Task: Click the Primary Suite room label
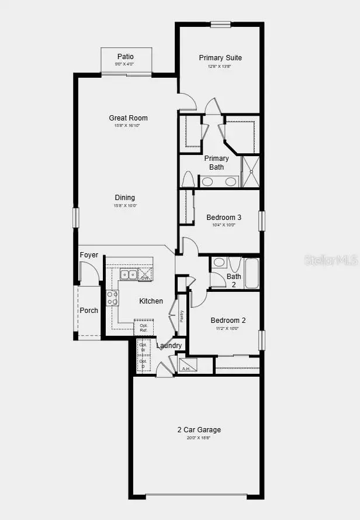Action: (220, 58)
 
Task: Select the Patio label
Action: (125, 57)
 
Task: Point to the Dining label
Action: (124, 198)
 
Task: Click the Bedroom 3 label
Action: (224, 218)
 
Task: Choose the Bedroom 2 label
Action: (228, 321)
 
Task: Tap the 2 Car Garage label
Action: (199, 430)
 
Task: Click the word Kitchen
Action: (151, 301)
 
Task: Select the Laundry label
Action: (169, 346)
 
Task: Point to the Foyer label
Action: (89, 255)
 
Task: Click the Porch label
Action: (89, 311)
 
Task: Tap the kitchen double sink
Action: (129, 274)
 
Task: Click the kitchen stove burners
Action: (112, 298)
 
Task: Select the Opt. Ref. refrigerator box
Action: (144, 327)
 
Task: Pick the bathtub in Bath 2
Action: (251, 274)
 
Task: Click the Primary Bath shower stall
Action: (251, 171)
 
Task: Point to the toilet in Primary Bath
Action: (188, 179)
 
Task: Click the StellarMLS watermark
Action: (330, 259)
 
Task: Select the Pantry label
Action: (182, 316)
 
